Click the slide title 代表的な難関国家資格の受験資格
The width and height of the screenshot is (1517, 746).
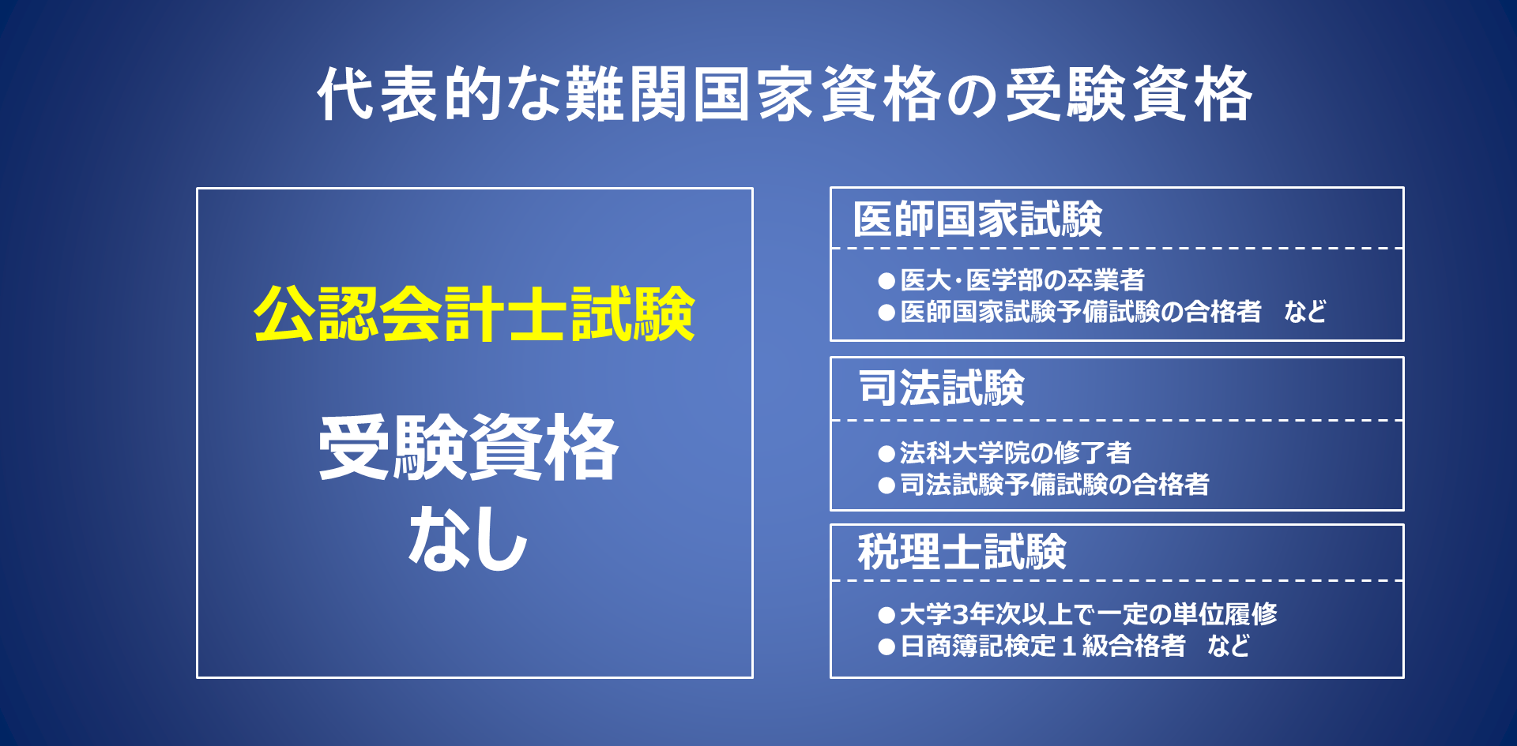785,94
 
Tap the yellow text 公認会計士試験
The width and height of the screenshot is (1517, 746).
474,313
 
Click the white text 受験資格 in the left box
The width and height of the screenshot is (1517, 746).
469,447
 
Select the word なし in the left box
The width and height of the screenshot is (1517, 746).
469,539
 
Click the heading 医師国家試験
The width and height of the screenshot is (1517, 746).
977,219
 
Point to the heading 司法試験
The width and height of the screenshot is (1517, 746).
941,388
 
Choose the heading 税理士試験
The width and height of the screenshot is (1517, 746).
962,551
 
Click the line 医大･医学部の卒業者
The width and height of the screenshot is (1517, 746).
1022,279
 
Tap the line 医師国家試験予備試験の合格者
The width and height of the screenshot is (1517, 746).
1081,312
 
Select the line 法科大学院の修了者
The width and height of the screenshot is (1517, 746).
1015,452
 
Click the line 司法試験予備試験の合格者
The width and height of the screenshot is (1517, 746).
1055,484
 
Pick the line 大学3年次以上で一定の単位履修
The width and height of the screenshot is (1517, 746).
1088,613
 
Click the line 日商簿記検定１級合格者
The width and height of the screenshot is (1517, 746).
1043,646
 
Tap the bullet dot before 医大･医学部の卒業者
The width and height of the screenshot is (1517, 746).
886,281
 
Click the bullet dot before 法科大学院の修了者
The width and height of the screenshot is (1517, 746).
886,454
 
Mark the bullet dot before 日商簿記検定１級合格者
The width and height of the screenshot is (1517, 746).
886,647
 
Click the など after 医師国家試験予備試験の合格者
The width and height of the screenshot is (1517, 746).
1305,312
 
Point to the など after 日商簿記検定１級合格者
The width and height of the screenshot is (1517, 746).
1229,646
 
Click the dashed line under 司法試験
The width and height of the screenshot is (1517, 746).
1116,421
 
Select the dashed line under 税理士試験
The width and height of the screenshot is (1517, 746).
1116,581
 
